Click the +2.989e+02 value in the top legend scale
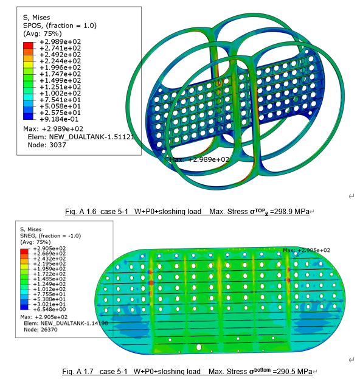point(60,42)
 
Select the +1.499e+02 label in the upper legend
point(60,80)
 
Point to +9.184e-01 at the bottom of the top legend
point(59,119)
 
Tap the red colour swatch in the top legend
point(28,45)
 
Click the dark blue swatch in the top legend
point(28,116)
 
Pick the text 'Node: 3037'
point(47,145)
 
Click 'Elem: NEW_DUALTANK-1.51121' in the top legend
point(81,137)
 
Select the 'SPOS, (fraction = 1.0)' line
point(60,26)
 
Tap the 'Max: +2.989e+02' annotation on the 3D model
point(199,159)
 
